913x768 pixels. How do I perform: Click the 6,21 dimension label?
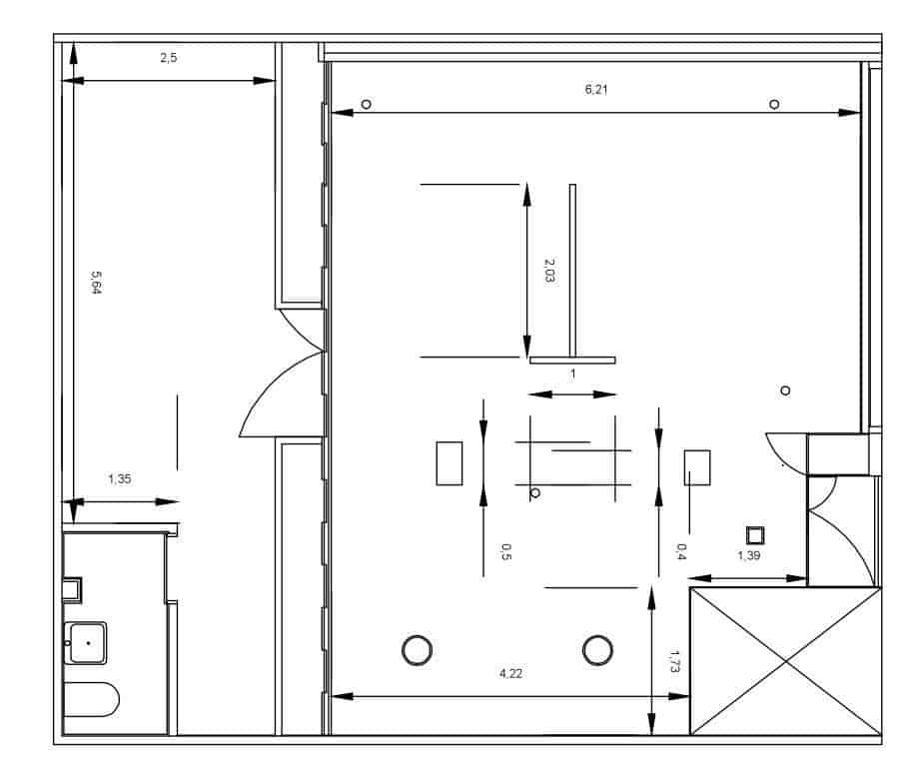(596, 90)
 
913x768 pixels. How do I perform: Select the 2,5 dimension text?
(169, 59)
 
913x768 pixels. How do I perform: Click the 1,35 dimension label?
(120, 479)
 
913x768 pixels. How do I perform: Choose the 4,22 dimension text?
(510, 674)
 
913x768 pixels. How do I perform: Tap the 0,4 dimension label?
(681, 550)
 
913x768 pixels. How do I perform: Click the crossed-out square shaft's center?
(786, 661)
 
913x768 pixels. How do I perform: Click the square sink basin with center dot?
(88, 642)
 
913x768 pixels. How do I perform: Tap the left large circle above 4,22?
(417, 650)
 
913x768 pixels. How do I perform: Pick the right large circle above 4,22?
(597, 650)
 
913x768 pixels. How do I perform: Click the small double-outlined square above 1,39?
(755, 534)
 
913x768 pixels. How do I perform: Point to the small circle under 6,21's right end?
(774, 105)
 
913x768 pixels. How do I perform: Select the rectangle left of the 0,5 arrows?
(450, 463)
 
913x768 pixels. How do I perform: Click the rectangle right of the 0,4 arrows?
(697, 467)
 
